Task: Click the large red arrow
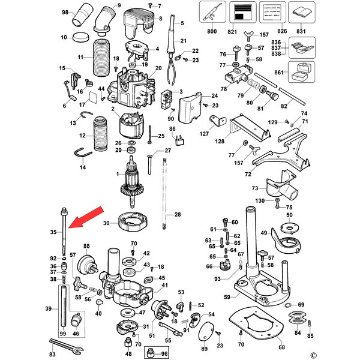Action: point(86,217)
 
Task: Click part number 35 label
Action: point(53,232)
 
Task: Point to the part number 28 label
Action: point(177,214)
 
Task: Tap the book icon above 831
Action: point(301,11)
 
